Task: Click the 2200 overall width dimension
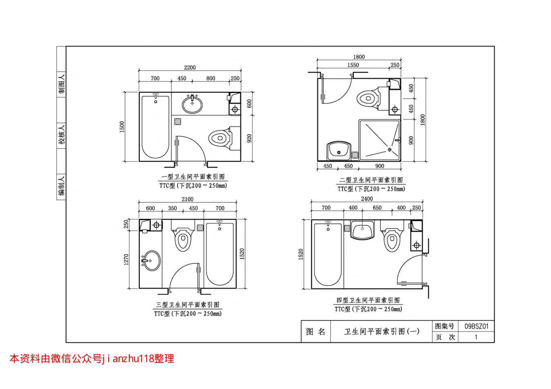click(x=190, y=67)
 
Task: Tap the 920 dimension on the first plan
click(x=249, y=138)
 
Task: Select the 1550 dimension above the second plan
click(x=353, y=65)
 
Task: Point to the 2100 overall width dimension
click(x=188, y=199)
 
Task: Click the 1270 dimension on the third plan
click(x=126, y=260)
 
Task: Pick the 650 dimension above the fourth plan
click(x=377, y=208)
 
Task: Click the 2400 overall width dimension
click(x=367, y=199)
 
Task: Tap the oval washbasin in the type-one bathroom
click(x=192, y=104)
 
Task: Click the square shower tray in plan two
click(x=379, y=140)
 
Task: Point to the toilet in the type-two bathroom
click(x=373, y=98)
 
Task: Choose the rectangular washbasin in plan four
click(x=362, y=230)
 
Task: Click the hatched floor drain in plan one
click(x=177, y=122)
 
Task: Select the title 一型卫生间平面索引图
click(x=193, y=177)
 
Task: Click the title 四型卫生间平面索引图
click(x=368, y=300)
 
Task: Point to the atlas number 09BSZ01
click(x=476, y=326)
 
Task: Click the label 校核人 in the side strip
click(x=61, y=135)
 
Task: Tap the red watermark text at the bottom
click(x=92, y=358)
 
